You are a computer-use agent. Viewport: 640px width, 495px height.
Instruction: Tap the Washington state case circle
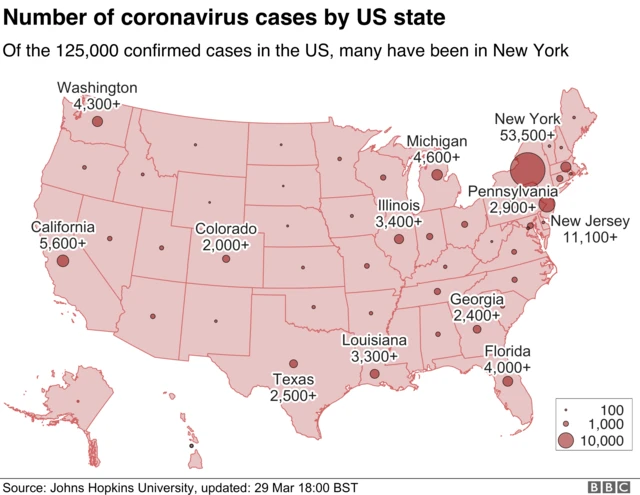pos(97,121)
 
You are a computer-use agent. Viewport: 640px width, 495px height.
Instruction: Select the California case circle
pos(63,260)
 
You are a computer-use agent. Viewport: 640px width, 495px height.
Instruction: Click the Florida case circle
pos(508,381)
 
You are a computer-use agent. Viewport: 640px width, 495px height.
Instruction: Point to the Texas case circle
pos(293,364)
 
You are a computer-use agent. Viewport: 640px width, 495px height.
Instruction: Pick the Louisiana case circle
pos(374,374)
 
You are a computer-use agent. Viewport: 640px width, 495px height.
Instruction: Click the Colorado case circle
pos(226,259)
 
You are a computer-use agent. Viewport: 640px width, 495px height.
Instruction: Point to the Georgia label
pos(477,299)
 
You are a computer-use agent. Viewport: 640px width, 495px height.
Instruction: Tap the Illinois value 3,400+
pos(399,220)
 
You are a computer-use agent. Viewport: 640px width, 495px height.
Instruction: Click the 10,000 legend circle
pos(566,440)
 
